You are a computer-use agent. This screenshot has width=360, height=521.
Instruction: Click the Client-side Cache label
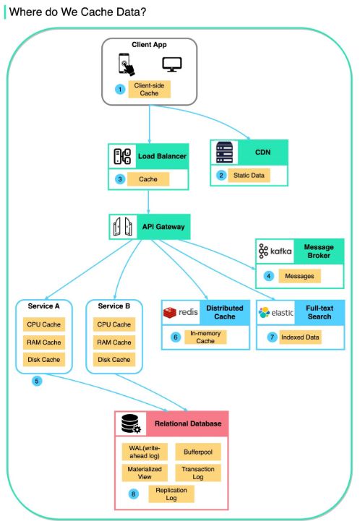pyautogui.click(x=149, y=90)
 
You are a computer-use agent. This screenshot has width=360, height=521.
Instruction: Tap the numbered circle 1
pyautogui.click(x=120, y=90)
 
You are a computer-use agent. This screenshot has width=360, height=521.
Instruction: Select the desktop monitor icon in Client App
pyautogui.click(x=172, y=64)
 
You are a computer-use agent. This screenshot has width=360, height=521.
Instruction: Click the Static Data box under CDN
pyautogui.click(x=249, y=176)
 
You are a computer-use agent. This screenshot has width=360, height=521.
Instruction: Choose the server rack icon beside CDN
pyautogui.click(x=224, y=152)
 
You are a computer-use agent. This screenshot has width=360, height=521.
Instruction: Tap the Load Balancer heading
pyautogui.click(x=162, y=156)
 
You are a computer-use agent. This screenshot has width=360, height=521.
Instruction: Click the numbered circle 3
pyautogui.click(x=120, y=179)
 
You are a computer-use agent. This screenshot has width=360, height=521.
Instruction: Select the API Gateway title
pyautogui.click(x=163, y=227)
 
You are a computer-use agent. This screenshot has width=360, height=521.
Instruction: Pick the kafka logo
pyautogui.click(x=275, y=251)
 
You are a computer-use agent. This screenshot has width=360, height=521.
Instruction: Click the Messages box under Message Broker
pyautogui.click(x=299, y=276)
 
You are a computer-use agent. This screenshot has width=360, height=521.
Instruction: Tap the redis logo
pyautogui.click(x=181, y=312)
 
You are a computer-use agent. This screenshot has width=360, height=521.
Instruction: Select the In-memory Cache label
pyautogui.click(x=205, y=337)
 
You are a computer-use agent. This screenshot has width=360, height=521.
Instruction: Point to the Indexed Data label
pyautogui.click(x=300, y=337)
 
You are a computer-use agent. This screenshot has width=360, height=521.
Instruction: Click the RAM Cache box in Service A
pyautogui.click(x=44, y=343)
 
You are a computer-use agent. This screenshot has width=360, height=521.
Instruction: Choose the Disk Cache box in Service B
pyautogui.click(x=114, y=360)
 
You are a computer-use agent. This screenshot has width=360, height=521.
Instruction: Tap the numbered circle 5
pyautogui.click(x=37, y=381)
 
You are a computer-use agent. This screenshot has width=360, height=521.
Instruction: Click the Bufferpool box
pyautogui.click(x=198, y=452)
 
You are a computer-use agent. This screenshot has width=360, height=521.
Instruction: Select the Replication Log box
pyautogui.click(x=171, y=494)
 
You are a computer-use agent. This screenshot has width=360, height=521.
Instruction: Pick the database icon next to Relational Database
pyautogui.click(x=131, y=424)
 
